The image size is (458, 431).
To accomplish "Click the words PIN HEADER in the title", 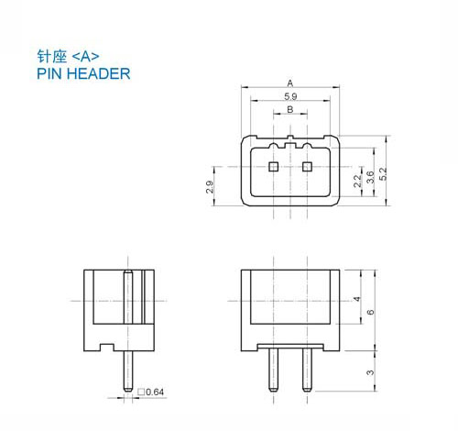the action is point(83,73).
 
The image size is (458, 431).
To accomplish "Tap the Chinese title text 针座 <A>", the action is point(68,56).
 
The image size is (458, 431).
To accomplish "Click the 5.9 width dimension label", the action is point(290,96).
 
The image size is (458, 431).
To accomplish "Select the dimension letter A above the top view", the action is point(290,83).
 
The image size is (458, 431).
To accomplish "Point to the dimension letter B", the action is point(290,109).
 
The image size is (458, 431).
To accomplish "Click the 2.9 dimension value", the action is point(210,187).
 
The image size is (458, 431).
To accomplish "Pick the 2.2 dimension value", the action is point(357,181).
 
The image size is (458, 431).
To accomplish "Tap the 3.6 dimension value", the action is point(370,177).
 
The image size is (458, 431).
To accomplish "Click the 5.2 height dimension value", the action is point(383,173).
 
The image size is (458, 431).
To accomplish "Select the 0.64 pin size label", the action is point(155,392).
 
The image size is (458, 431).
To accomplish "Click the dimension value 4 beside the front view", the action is point(357,299).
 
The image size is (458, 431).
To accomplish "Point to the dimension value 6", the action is point(370,312).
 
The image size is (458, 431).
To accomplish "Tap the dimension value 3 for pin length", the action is point(370,372).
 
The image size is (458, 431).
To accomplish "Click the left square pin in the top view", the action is point(273,167).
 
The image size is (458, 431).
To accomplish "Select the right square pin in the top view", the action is point(307,167).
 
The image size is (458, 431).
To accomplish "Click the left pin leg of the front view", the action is point(273,370).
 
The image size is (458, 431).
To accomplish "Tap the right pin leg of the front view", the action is point(307,370).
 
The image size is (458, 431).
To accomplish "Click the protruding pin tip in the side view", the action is point(128,371).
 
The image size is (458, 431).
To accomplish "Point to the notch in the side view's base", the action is point(107,348).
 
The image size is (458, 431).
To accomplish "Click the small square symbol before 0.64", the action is point(141,392).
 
